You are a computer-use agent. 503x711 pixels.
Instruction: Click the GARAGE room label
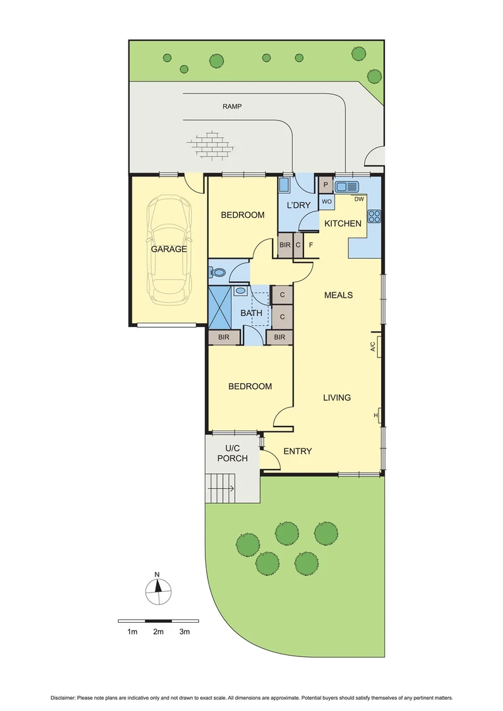(x=169, y=250)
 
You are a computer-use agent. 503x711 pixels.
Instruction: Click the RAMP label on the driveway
(x=232, y=106)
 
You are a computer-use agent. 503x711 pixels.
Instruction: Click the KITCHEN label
(x=342, y=224)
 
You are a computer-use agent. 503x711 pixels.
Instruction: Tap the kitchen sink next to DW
(x=346, y=186)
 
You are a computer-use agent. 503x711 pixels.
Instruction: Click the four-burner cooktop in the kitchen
(x=375, y=216)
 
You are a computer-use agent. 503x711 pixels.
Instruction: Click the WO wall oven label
(x=326, y=201)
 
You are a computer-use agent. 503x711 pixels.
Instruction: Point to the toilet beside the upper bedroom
(x=217, y=271)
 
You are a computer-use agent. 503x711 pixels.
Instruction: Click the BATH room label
(x=251, y=313)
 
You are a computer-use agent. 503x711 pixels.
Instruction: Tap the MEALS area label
(x=338, y=295)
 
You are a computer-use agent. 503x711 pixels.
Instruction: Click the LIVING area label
(x=336, y=398)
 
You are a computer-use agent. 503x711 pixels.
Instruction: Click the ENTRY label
(x=298, y=451)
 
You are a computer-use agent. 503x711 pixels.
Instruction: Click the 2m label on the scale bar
(x=158, y=632)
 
